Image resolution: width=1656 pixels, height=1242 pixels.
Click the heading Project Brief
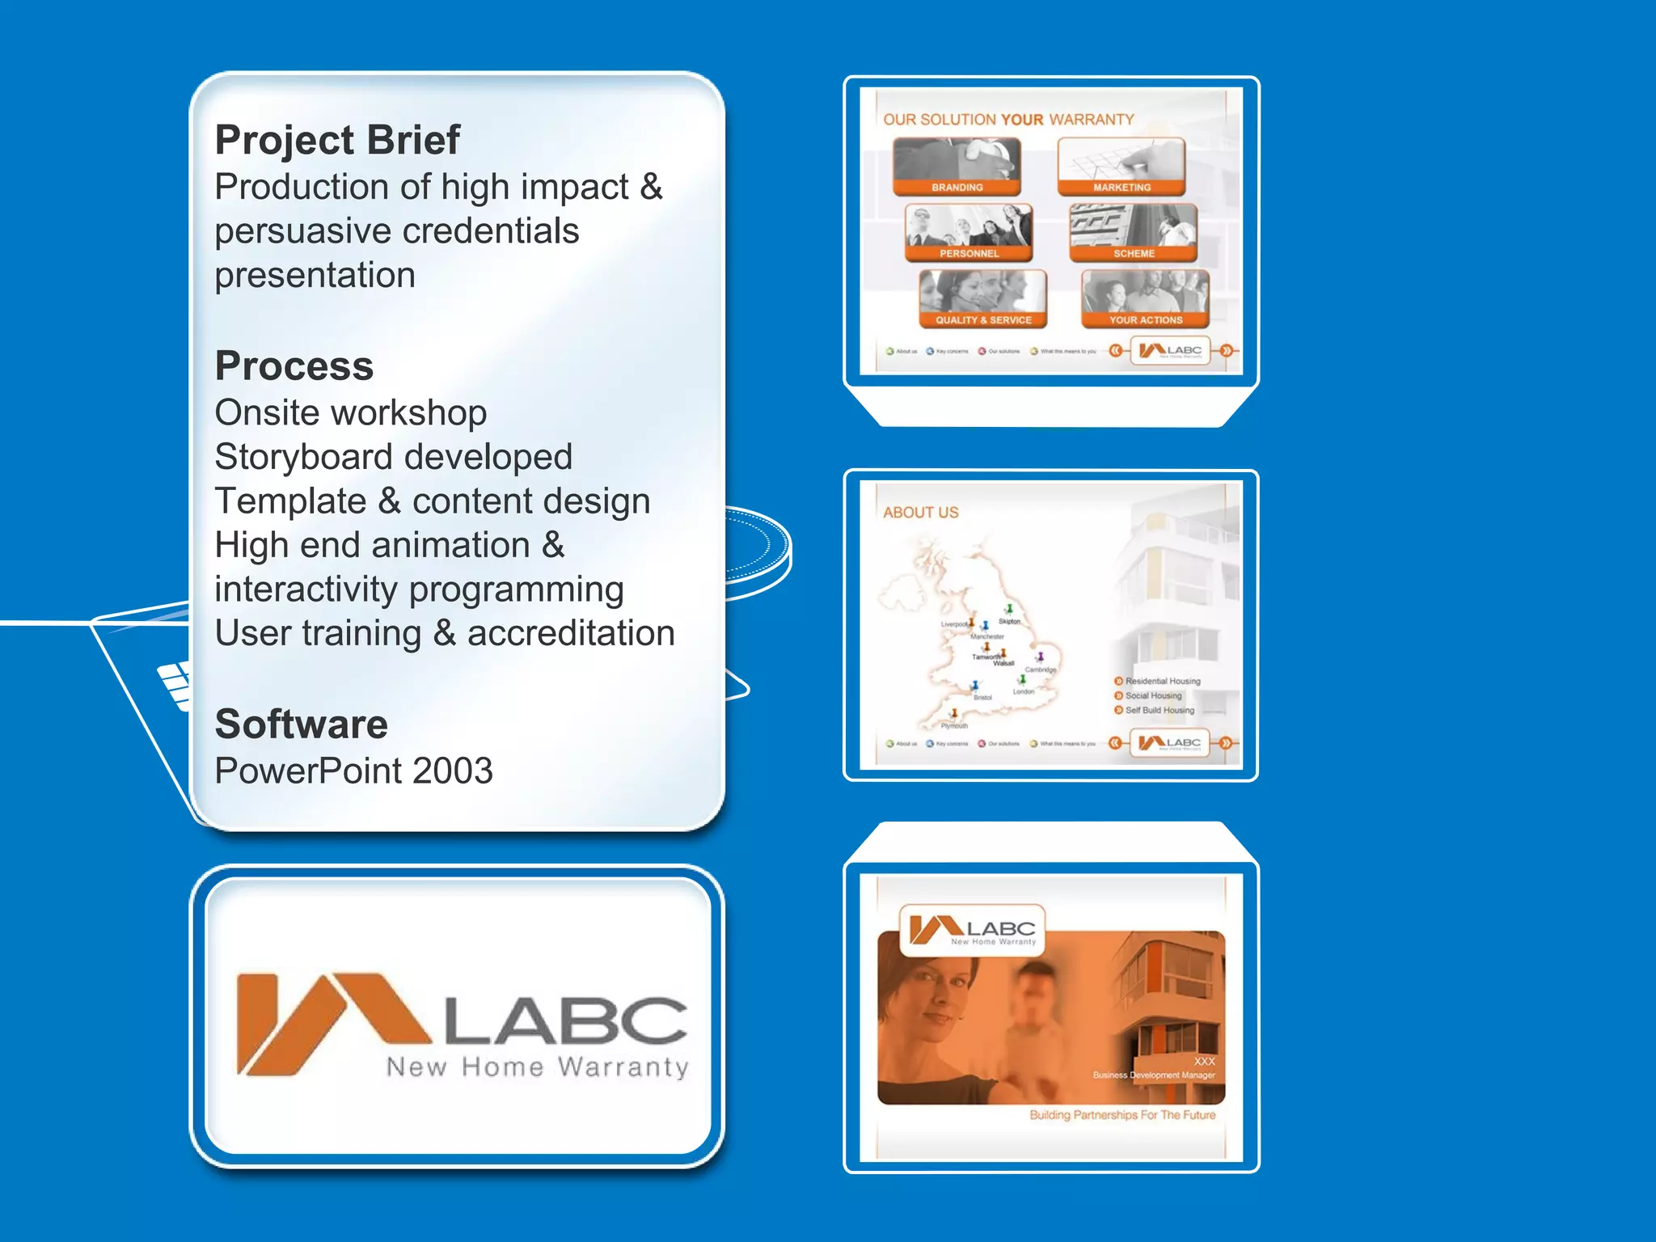tap(337, 140)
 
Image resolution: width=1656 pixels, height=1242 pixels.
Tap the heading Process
tap(294, 365)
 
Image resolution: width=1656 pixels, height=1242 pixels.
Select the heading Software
tap(301, 724)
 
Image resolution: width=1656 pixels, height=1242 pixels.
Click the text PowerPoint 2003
tap(353, 771)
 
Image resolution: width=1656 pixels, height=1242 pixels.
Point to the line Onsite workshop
tap(350, 413)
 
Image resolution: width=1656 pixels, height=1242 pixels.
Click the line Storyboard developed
tap(393, 457)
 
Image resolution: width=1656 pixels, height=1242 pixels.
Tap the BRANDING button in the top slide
tap(957, 167)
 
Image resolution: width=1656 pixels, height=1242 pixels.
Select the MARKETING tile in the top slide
tap(1122, 167)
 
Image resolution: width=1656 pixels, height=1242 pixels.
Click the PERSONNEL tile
tap(969, 233)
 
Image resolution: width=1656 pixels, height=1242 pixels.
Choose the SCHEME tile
tap(1134, 233)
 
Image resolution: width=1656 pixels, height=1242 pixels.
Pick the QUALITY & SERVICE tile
tap(983, 299)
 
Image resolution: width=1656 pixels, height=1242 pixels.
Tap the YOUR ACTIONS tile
tap(1146, 299)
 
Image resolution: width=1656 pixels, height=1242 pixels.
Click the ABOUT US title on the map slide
tap(920, 513)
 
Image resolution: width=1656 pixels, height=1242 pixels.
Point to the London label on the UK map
tap(1024, 692)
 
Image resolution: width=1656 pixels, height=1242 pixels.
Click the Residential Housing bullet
tap(1162, 681)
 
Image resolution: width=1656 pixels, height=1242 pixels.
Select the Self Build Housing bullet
tap(1159, 710)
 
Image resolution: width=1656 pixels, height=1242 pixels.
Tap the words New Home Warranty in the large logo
tap(537, 1067)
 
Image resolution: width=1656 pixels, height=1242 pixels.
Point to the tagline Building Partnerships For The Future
tap(1122, 1115)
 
